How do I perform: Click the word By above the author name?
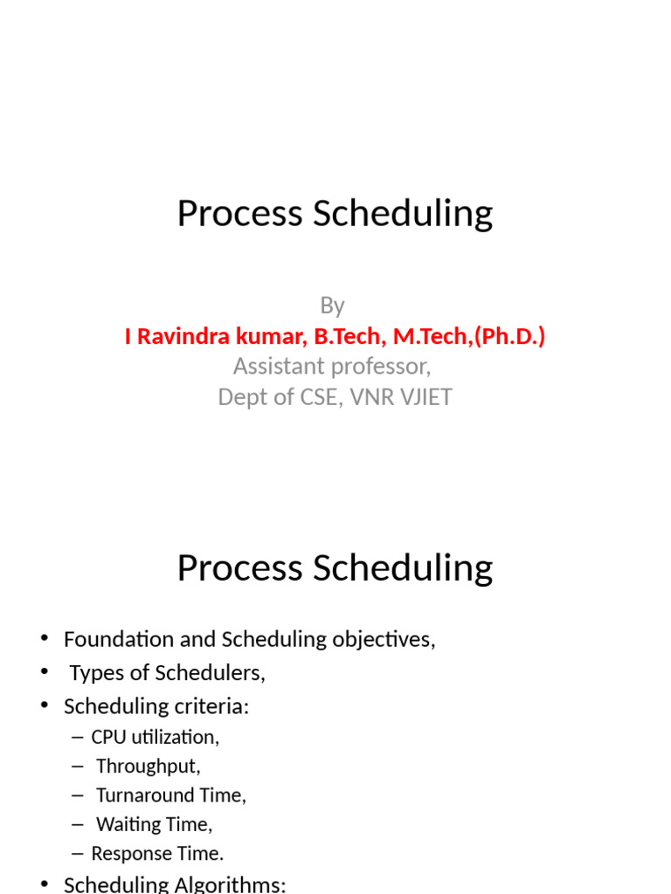point(332,306)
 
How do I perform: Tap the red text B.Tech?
point(342,336)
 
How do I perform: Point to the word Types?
point(96,673)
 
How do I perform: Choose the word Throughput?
point(148,767)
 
